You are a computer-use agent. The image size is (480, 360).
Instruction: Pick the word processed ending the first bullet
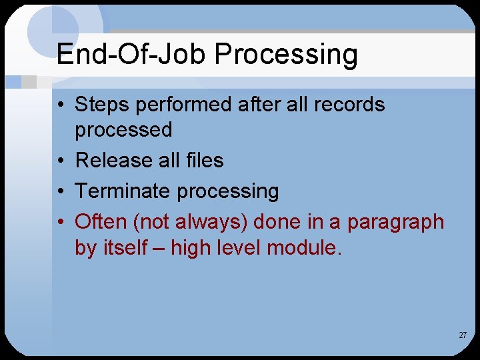coord(123,131)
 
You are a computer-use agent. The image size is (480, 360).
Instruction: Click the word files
coord(205,161)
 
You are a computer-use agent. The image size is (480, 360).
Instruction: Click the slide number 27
coord(462,335)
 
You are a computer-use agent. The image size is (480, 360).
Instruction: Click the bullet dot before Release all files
coord(61,161)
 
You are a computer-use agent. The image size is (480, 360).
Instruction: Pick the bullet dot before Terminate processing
coord(61,192)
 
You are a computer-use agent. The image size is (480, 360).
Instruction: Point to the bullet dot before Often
coord(61,222)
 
